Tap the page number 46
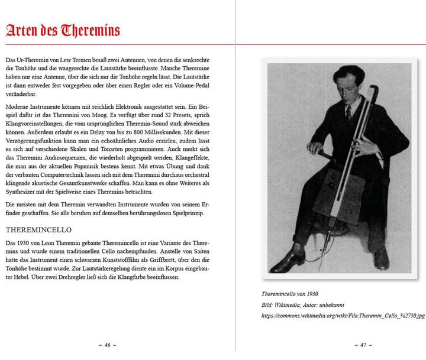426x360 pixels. coord(107,344)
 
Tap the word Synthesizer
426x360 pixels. coord(20,192)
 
